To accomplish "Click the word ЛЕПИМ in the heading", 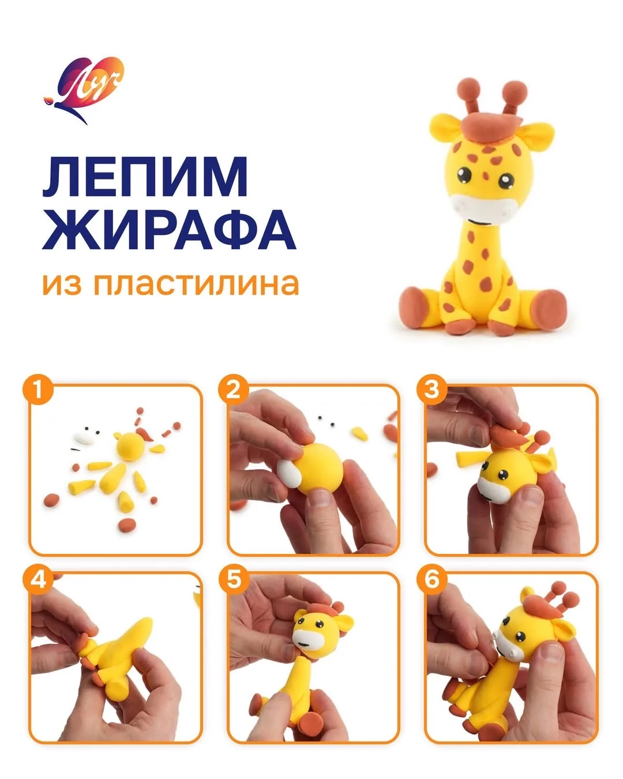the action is coord(145,177).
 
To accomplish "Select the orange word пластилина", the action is coord(196,284).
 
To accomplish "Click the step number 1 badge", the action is coord(39,390).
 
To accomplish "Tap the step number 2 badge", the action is coord(234,390).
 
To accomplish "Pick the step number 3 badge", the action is coord(431,390).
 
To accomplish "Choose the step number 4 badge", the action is coord(39,580).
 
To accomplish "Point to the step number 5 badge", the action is coord(234,580).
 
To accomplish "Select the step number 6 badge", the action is coord(431,580).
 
